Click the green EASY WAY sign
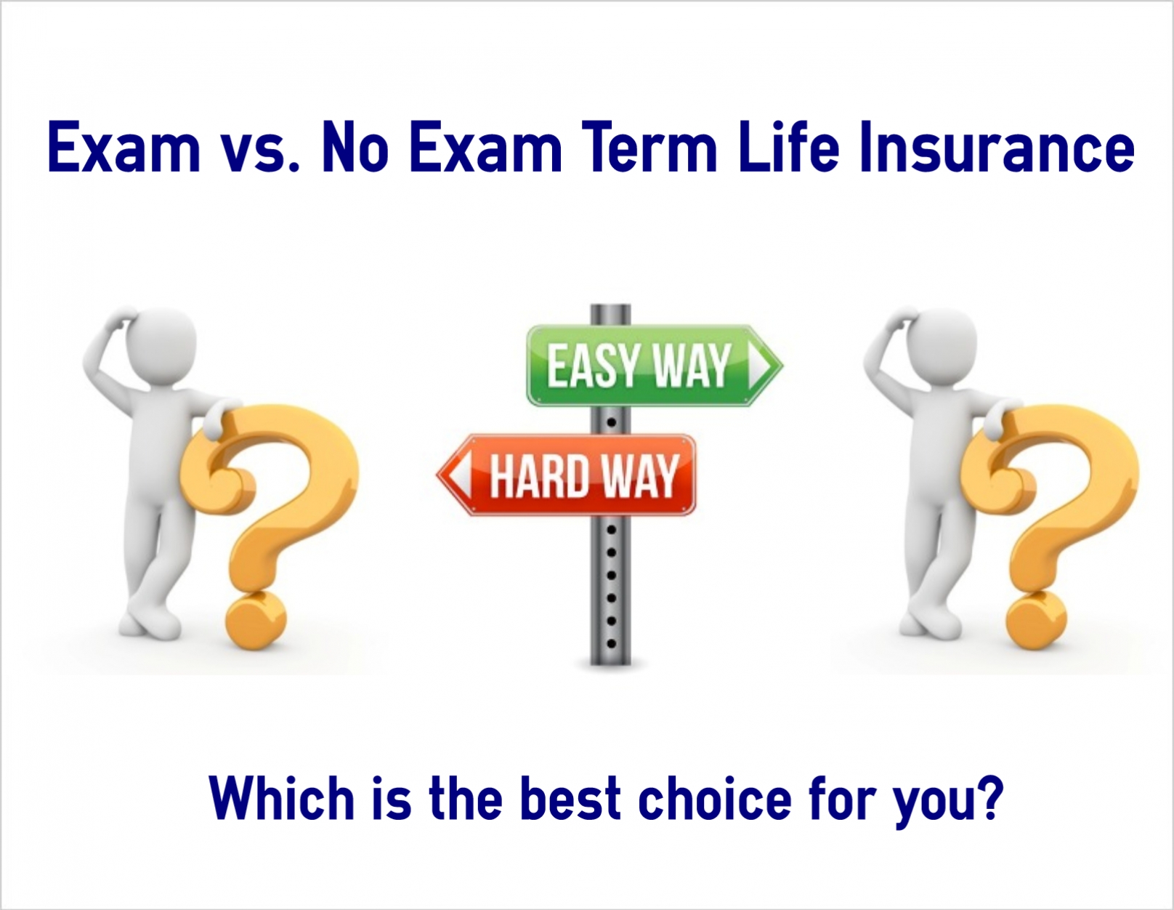coord(655,366)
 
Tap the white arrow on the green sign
coord(759,366)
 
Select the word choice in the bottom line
coord(714,799)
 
